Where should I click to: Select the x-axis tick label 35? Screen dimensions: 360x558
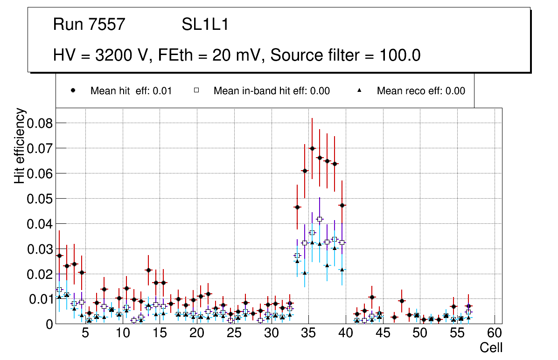pyautogui.click(x=308, y=333)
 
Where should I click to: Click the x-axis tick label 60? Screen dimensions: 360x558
pyautogui.click(x=494, y=333)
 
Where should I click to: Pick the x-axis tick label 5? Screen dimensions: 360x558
pyautogui.click(x=85, y=333)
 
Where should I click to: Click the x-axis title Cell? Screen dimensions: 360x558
pyautogui.click(x=491, y=347)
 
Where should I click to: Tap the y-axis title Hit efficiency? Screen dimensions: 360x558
pyautogui.click(x=20, y=146)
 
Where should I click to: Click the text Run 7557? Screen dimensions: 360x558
pyautogui.click(x=89, y=25)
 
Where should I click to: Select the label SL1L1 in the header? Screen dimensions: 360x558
pyautogui.click(x=205, y=25)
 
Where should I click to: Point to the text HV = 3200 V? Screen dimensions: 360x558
pyautogui.click(x=102, y=55)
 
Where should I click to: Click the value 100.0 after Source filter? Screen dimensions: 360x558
pyautogui.click(x=399, y=55)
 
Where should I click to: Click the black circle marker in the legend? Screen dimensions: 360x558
pyautogui.click(x=74, y=90)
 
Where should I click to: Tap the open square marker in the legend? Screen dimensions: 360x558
pyautogui.click(x=197, y=90)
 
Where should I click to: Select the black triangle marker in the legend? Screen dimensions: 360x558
pyautogui.click(x=360, y=90)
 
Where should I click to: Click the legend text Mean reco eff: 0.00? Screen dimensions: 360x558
pyautogui.click(x=421, y=91)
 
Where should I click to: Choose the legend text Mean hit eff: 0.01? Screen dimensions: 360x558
pyautogui.click(x=131, y=91)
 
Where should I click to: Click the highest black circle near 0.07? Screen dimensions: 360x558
pyautogui.click(x=312, y=148)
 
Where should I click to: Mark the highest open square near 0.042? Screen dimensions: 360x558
pyautogui.click(x=320, y=219)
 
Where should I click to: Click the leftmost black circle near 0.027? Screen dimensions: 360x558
pyautogui.click(x=59, y=256)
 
